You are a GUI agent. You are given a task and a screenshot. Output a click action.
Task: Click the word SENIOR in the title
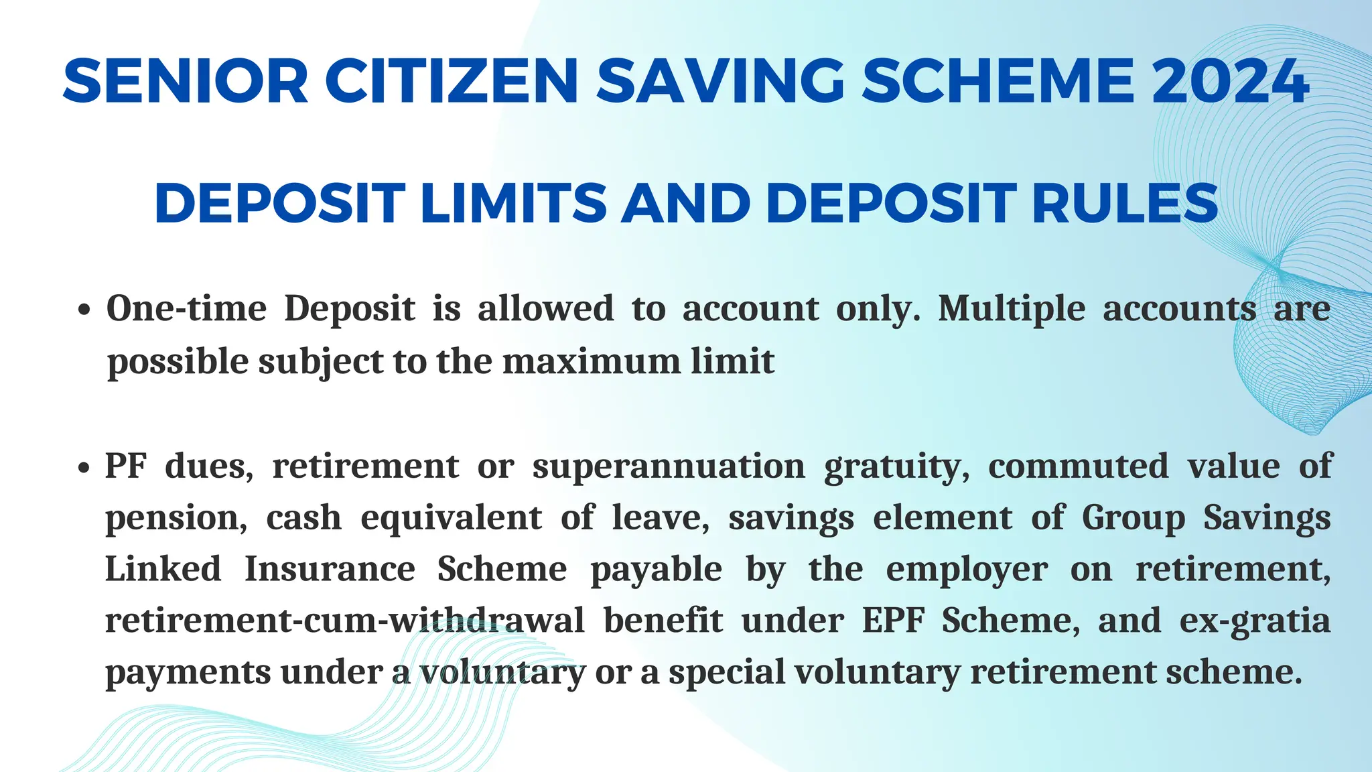pyautogui.click(x=186, y=81)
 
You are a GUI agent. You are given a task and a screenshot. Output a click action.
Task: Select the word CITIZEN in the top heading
pyautogui.click(x=452, y=81)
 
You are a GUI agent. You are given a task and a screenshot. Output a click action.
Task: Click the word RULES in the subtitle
pyautogui.click(x=1125, y=203)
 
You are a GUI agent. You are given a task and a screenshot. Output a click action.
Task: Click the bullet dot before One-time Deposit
pyautogui.click(x=84, y=311)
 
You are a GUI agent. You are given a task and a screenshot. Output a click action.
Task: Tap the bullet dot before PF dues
pyautogui.click(x=84, y=468)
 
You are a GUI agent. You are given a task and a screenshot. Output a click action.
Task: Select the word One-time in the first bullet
pyautogui.click(x=186, y=309)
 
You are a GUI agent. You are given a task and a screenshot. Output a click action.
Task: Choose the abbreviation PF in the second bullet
pyautogui.click(x=125, y=466)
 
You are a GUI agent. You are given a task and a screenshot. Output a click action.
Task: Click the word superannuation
pyautogui.click(x=669, y=466)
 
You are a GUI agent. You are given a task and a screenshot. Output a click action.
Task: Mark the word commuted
pyautogui.click(x=1078, y=466)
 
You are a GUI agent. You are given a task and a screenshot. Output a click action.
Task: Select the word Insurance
pyautogui.click(x=330, y=569)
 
